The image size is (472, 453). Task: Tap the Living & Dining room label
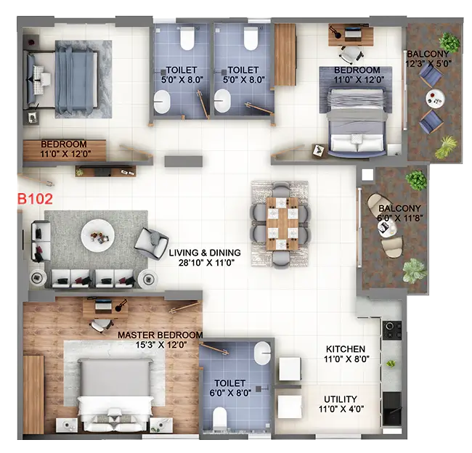[205, 253]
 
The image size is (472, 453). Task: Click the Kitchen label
[345, 349]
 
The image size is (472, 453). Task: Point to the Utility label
[341, 399]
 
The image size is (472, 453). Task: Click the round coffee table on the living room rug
[97, 234]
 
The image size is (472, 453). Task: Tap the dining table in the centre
[280, 223]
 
